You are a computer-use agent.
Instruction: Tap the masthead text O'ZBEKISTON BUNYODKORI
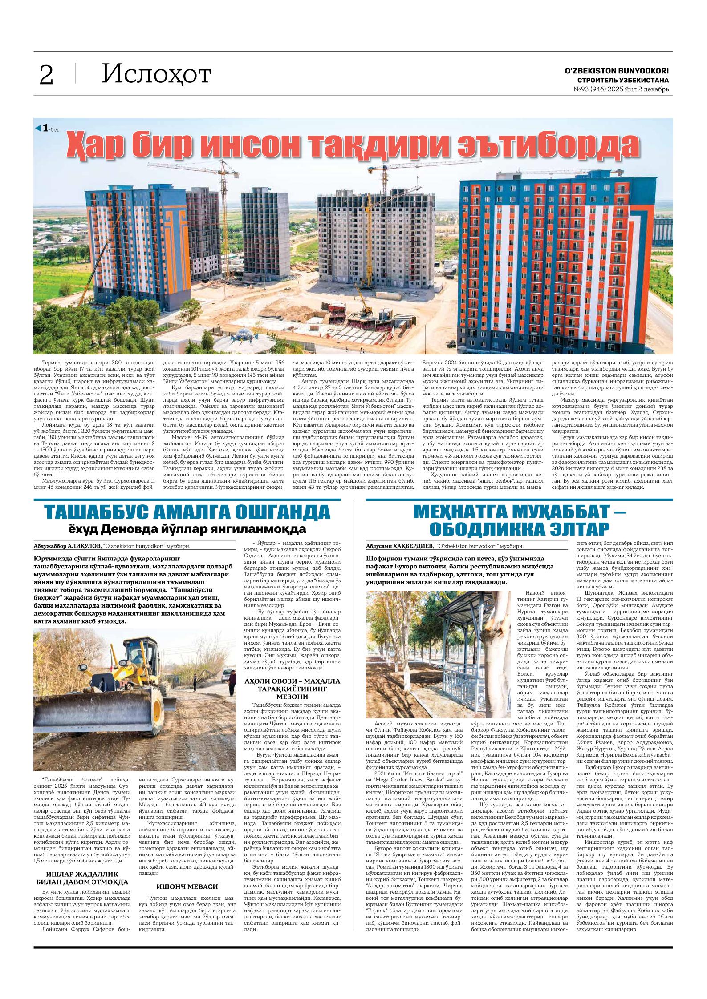[617, 71]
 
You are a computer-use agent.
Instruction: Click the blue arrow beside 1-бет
[38, 128]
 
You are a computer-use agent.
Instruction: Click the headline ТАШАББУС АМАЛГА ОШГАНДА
[187, 512]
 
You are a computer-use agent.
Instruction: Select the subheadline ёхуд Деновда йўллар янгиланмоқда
[187, 529]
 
